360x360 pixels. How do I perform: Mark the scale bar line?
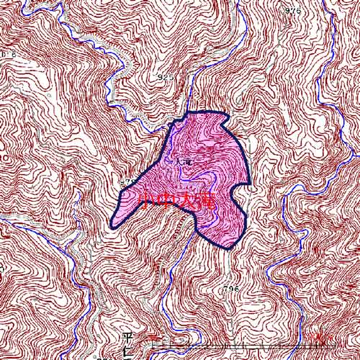pyautogui.click(x=238, y=348)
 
